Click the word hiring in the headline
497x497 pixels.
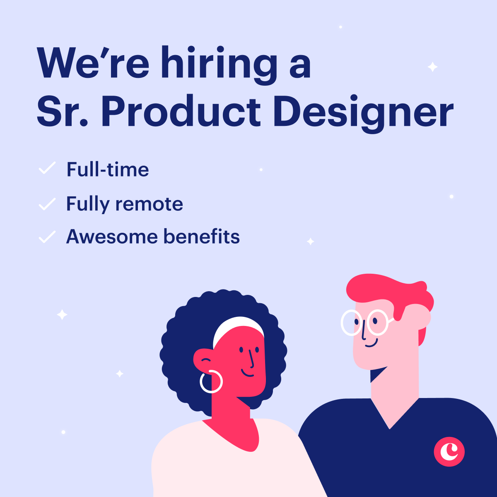(x=220, y=64)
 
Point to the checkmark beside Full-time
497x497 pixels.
(x=47, y=169)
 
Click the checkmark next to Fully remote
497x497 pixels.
(x=47, y=204)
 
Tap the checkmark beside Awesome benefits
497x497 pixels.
(x=47, y=236)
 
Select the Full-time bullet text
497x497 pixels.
(x=108, y=169)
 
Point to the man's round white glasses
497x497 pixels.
(x=364, y=322)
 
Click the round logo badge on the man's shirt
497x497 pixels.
(x=449, y=451)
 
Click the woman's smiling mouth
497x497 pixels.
(x=248, y=374)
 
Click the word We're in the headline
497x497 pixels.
(x=93, y=64)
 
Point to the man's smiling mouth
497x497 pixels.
(x=371, y=343)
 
